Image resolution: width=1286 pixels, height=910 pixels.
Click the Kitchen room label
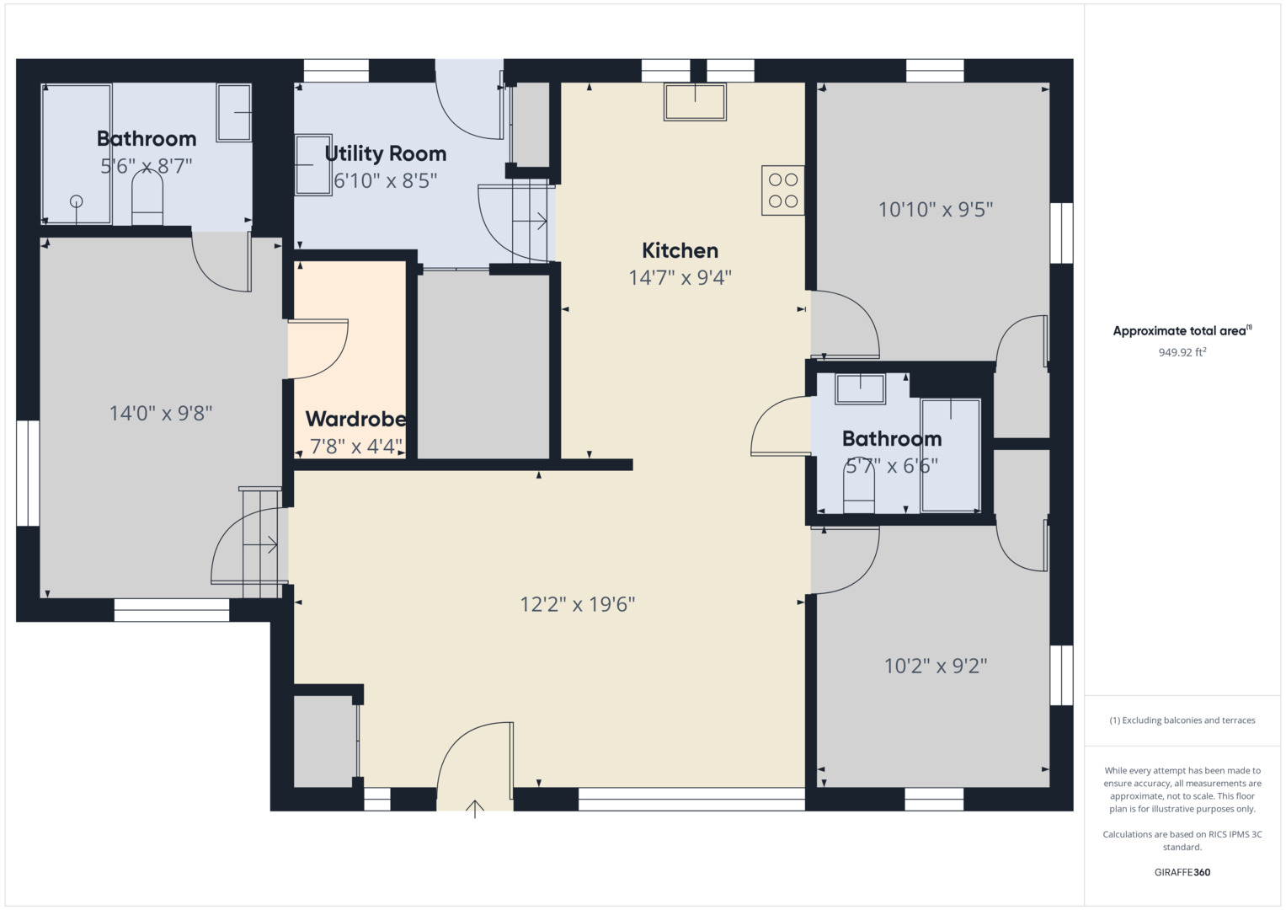680,250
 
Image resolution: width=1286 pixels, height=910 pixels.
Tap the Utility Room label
386,153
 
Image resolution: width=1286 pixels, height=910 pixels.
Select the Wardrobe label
355,419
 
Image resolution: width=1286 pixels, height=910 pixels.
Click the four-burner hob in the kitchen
783,190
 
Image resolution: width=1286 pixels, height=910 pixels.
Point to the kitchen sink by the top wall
695,102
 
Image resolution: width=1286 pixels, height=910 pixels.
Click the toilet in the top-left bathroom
147,202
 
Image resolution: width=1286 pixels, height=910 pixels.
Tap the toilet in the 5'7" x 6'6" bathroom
859,489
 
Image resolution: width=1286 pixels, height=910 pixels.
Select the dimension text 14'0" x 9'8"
161,413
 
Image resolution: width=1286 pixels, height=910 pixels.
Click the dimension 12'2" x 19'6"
578,604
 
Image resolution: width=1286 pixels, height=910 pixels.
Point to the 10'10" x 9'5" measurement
936,209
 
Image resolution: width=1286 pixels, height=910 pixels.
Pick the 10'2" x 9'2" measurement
936,666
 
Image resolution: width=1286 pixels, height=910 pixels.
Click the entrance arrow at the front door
475,809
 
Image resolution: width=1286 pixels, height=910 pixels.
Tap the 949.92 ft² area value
1182,352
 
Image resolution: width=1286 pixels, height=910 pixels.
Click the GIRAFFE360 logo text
1182,872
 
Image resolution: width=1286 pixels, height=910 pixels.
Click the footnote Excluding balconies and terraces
1182,720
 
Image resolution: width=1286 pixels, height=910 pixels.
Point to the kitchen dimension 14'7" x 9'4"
680,277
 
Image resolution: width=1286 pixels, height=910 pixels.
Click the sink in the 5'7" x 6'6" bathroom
860,389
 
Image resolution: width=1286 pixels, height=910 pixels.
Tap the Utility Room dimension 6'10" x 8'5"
386,180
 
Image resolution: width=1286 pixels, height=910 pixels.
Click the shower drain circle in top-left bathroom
77,201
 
